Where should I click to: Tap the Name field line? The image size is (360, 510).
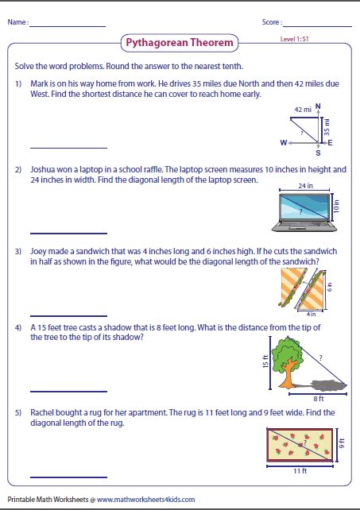[x=68, y=27]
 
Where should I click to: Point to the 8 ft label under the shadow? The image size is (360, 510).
[x=319, y=398]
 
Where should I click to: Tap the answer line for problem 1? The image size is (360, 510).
[x=68, y=148]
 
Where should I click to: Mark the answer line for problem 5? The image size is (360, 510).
[x=68, y=477]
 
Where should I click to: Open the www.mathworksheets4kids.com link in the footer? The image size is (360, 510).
[x=146, y=500]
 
